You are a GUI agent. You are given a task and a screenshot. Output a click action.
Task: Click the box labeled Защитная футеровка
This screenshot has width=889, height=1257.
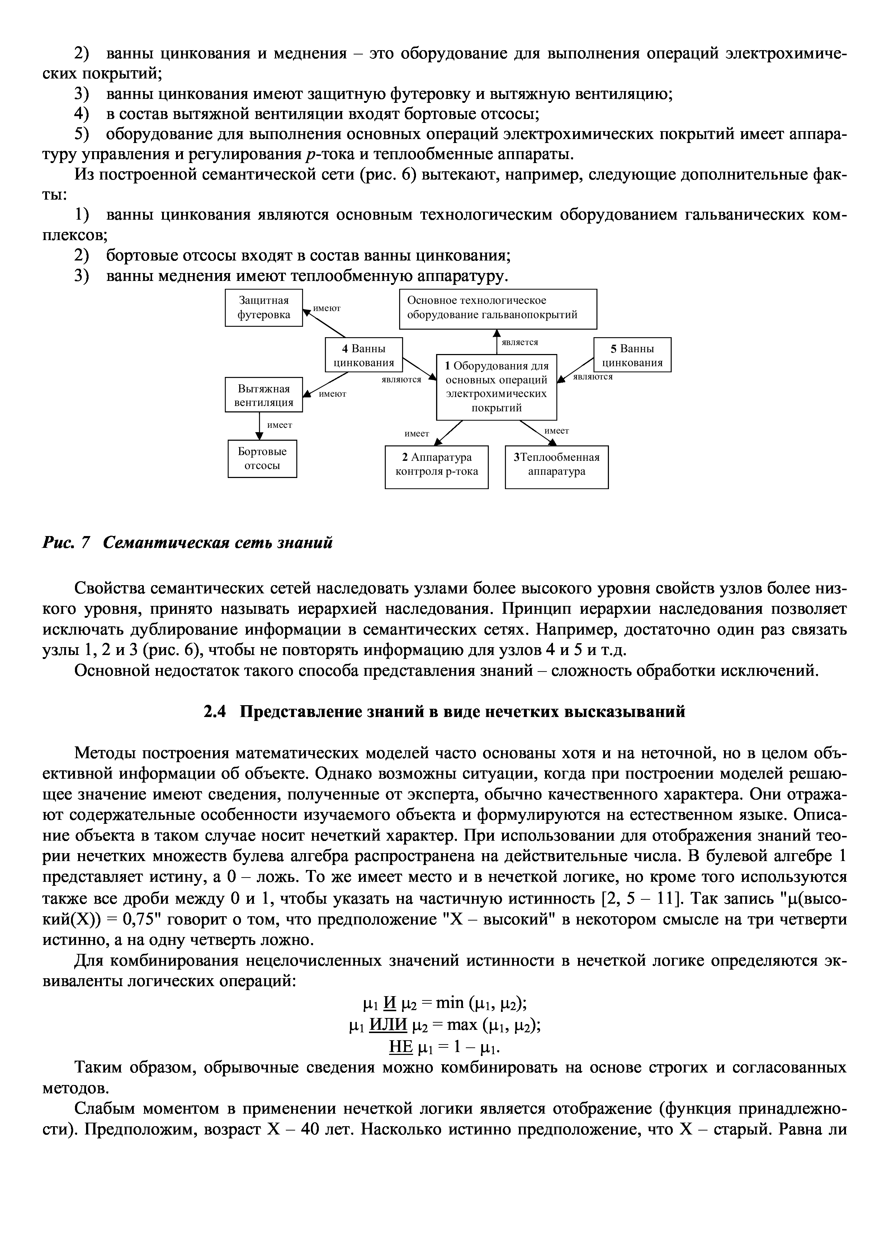pyautogui.click(x=264, y=308)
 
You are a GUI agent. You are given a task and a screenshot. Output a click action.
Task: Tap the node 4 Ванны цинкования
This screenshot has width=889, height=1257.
pyautogui.click(x=364, y=356)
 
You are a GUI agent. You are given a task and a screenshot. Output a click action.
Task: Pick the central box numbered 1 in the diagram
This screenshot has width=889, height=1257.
pyautogui.click(x=496, y=387)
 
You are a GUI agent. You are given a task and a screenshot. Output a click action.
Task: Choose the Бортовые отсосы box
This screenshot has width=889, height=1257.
pyautogui.click(x=263, y=459)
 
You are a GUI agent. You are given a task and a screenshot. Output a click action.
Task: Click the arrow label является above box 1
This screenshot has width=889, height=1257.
pyautogui.click(x=520, y=342)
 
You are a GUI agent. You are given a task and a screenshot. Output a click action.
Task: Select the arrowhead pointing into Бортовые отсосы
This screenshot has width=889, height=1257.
pyautogui.click(x=260, y=436)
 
